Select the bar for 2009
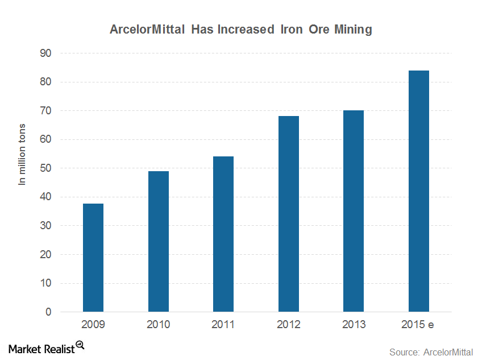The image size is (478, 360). coord(93,258)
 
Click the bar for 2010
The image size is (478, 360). coord(159,241)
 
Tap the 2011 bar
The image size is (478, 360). coord(223,234)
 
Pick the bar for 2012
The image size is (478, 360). coord(289,214)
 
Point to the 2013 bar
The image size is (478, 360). coord(354,211)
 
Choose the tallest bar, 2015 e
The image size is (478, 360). coord(419,191)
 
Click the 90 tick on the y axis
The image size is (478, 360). coord(45,53)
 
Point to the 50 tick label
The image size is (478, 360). coord(45,168)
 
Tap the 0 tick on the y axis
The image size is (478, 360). coord(48,312)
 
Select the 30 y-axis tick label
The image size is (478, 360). coord(45,225)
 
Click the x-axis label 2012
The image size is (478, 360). coord(288,324)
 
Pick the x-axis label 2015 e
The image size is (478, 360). coord(417,324)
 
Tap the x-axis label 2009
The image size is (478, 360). coord(93,324)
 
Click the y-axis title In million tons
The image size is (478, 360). coord(22,154)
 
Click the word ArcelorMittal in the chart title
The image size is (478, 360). coord(147,30)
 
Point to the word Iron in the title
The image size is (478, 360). coord(292,30)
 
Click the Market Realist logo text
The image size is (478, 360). coord(41,349)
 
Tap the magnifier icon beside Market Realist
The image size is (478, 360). coord(80,345)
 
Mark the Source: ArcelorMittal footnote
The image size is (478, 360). coord(431,352)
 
